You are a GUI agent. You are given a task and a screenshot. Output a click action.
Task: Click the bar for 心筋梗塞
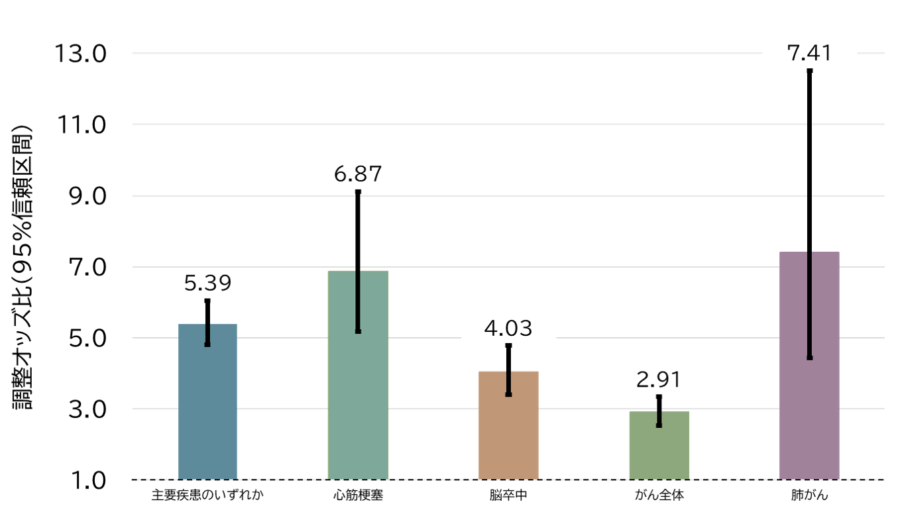coord(358,375)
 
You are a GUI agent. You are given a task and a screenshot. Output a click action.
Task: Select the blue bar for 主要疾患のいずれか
coord(207,401)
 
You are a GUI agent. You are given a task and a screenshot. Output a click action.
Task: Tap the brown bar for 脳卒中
coord(508,425)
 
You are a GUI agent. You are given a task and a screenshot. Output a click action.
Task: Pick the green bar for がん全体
coord(659,445)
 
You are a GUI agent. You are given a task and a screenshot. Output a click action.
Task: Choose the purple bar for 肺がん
coord(809,366)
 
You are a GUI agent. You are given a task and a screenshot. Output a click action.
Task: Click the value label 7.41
coord(809,54)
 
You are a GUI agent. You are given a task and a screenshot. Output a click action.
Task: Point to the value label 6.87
coord(358,174)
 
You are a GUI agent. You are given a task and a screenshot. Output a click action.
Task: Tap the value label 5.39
coord(207,283)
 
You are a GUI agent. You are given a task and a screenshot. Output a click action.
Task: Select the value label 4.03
coord(508,328)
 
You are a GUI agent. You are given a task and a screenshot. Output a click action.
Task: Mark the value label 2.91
coord(659,380)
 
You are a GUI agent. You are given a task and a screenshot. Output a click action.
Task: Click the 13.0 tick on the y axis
coord(80,54)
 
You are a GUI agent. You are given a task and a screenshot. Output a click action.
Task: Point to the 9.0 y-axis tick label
coord(87,196)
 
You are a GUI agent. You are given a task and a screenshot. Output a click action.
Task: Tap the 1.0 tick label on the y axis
coord(88,480)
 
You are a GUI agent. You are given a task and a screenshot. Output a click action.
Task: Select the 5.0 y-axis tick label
coord(87,338)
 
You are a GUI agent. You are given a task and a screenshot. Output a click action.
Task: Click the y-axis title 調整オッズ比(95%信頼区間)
coord(22,267)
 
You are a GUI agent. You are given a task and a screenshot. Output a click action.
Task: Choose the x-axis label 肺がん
coord(810,495)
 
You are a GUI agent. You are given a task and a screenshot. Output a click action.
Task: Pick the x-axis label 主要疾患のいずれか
coord(207,495)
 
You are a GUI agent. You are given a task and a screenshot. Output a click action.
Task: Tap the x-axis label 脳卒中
coord(508,495)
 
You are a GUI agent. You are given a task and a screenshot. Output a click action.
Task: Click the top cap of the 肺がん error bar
coord(810,71)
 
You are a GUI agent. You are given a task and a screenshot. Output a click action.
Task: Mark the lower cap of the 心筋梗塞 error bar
coord(358,331)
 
